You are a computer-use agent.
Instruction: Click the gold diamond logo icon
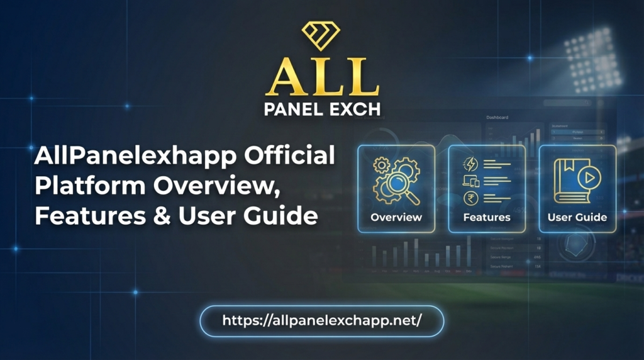click(320, 36)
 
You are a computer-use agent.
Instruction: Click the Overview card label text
click(396, 217)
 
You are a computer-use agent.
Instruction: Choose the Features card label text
click(487, 217)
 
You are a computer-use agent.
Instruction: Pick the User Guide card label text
click(577, 217)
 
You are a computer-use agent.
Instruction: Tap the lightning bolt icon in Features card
click(470, 164)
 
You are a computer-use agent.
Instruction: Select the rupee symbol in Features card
click(470, 199)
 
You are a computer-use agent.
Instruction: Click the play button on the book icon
click(589, 178)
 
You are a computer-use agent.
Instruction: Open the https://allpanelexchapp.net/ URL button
click(321, 320)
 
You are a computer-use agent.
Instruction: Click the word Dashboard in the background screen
click(497, 117)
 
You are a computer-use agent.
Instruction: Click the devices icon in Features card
click(470, 181)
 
